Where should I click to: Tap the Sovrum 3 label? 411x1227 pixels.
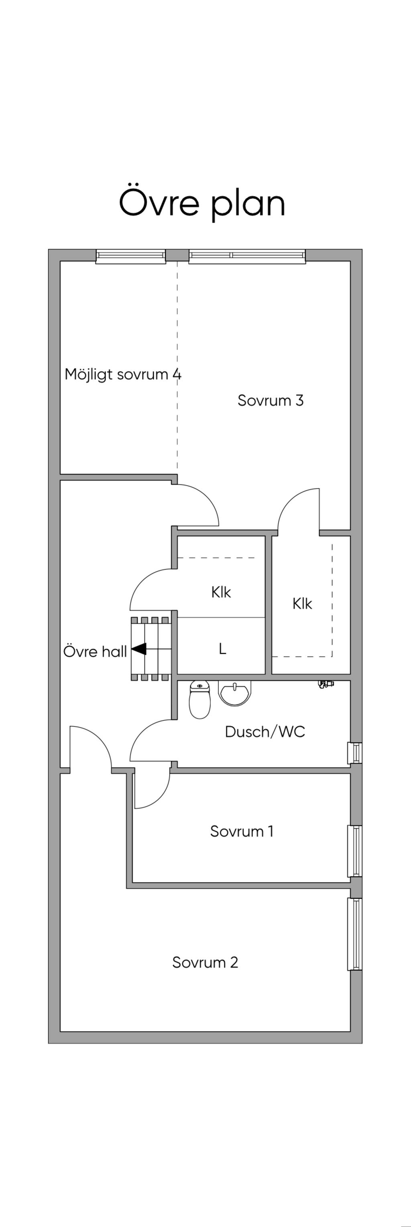point(271,400)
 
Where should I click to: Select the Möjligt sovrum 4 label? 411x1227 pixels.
point(123,374)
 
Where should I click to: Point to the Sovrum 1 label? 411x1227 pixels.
point(242,831)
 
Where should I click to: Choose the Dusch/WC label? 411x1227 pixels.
point(265,732)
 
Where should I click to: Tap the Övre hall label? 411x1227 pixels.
point(95,651)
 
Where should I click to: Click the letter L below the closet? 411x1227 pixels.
point(222,648)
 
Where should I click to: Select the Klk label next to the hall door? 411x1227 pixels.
point(221,592)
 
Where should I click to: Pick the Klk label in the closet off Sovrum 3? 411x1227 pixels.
point(302,604)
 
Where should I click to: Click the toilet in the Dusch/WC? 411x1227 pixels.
point(200,699)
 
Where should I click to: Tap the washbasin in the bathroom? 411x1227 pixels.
point(234,692)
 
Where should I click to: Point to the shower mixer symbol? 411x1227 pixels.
point(326,684)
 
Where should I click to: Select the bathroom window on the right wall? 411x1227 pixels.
point(355,753)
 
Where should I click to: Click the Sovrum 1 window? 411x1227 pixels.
point(355,851)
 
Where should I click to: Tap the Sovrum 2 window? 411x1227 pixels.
point(355,934)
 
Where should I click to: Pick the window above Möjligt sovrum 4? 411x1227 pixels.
point(131,256)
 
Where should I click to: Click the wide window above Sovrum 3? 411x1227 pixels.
point(247,256)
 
